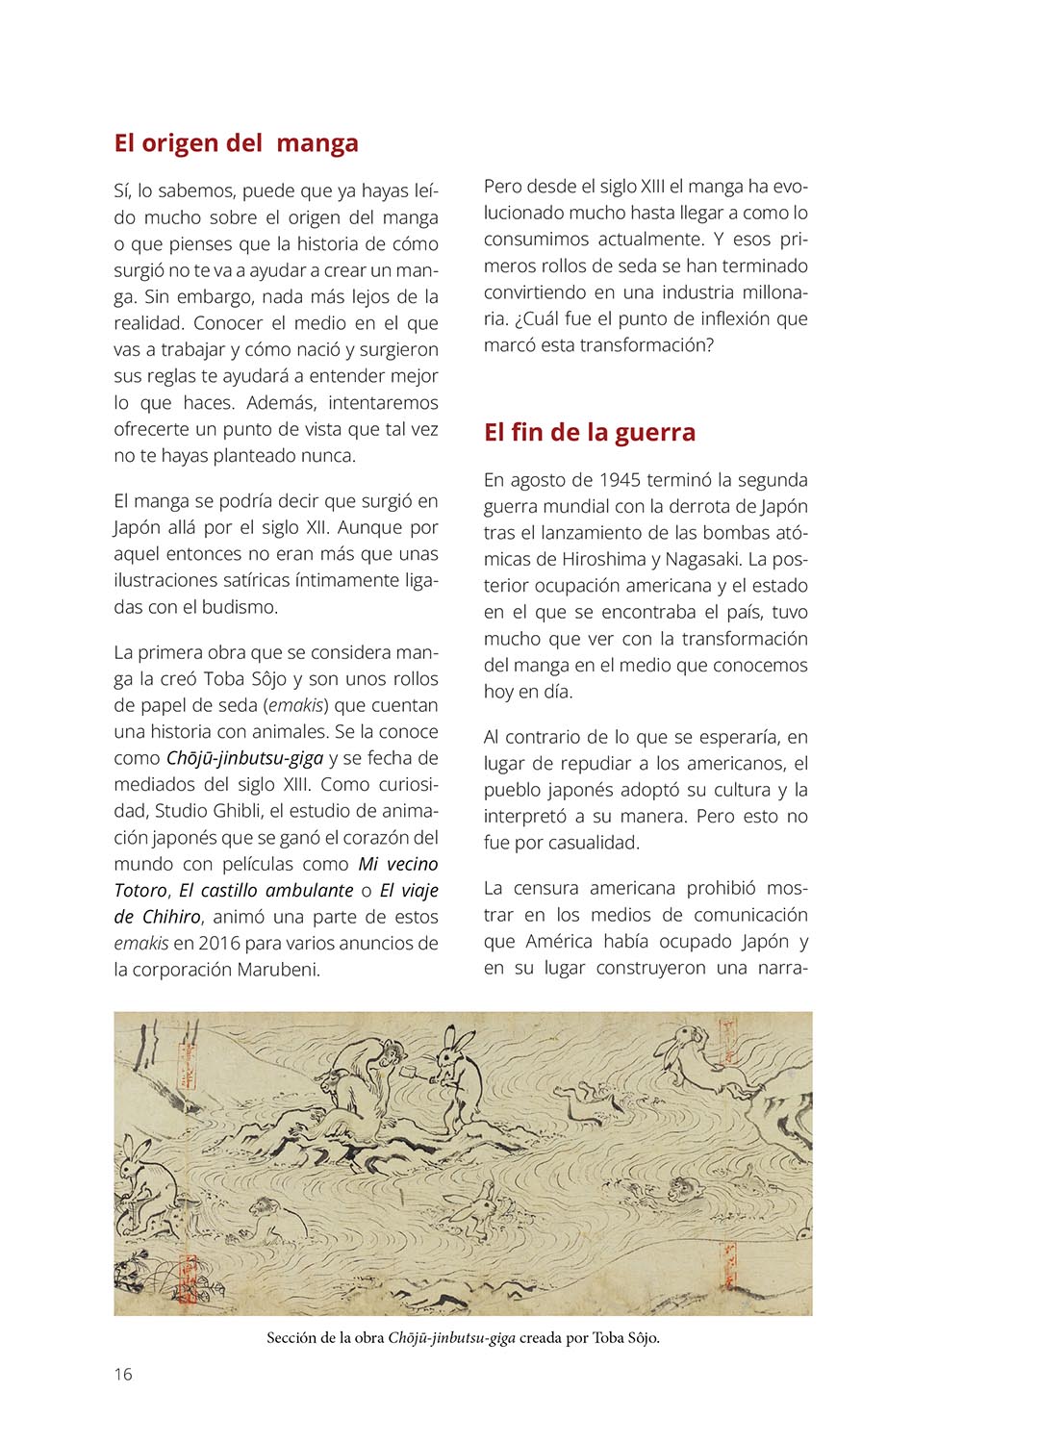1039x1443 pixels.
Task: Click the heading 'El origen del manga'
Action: (236, 143)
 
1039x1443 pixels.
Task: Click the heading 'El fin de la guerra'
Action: (589, 433)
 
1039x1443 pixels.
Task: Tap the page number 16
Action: (123, 1374)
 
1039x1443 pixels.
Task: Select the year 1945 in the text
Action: (621, 480)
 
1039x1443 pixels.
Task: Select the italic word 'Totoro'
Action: (140, 891)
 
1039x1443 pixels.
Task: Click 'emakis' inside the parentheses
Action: (297, 705)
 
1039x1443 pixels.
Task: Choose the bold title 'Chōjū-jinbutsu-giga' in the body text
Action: (244, 758)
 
